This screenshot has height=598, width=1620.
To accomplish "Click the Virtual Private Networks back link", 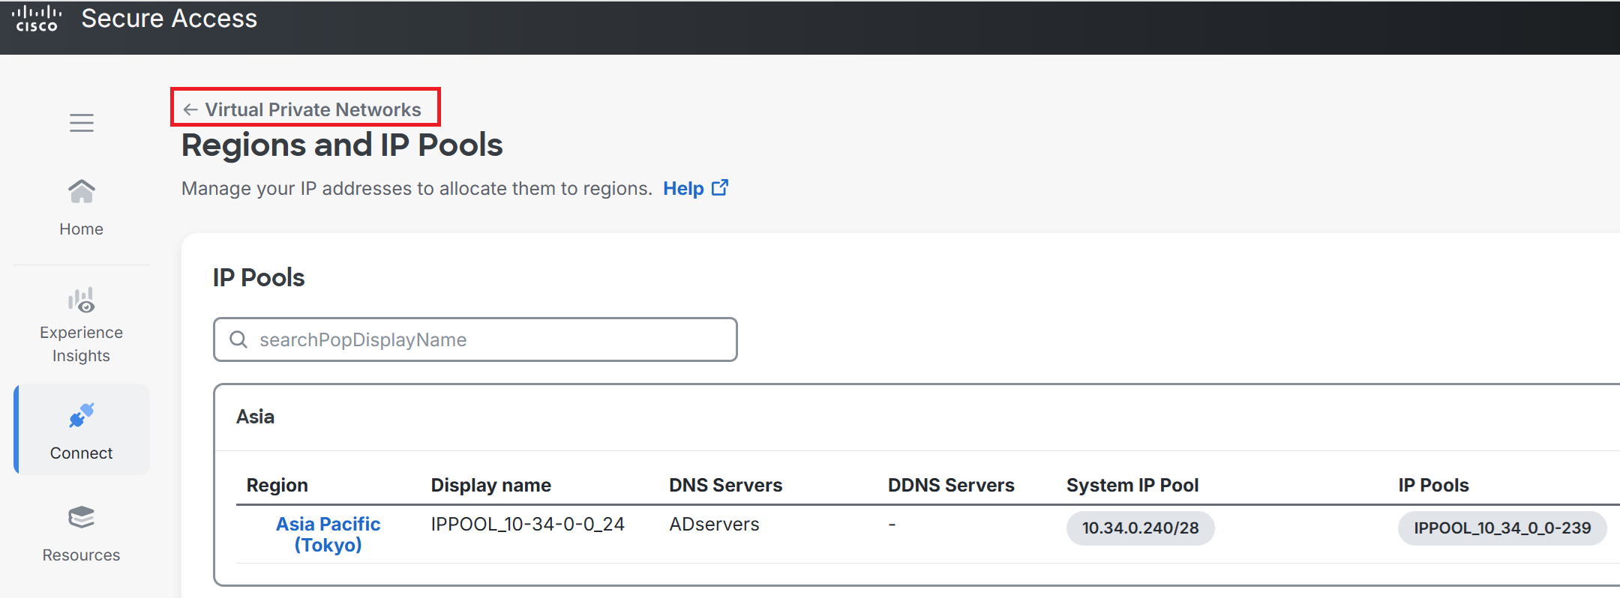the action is click(302, 110).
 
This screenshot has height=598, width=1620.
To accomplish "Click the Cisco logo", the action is click(37, 19).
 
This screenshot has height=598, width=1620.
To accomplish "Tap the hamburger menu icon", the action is click(82, 123).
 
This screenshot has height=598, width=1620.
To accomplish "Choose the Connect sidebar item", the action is click(82, 431).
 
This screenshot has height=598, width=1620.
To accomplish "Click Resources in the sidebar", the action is click(82, 534).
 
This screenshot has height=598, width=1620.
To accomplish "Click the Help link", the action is click(695, 188).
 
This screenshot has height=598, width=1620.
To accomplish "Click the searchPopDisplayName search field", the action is click(475, 339).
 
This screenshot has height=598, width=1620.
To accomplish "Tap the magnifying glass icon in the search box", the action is click(238, 339).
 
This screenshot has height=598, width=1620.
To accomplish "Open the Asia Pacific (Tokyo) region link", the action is click(328, 534).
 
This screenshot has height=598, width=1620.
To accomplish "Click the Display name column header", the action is click(490, 486).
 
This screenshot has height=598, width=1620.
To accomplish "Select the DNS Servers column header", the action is click(725, 486).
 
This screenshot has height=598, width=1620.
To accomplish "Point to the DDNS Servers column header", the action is click(951, 486).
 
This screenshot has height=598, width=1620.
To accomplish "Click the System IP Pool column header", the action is click(1132, 486).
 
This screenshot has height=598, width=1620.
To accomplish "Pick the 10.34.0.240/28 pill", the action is click(1140, 528).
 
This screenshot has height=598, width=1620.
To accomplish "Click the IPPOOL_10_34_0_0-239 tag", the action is click(1502, 528).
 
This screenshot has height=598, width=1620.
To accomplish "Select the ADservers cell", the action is click(714, 525).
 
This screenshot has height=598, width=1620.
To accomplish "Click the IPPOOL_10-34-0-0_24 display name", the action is click(527, 525).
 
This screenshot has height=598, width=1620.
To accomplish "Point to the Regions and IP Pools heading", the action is click(342, 145).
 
